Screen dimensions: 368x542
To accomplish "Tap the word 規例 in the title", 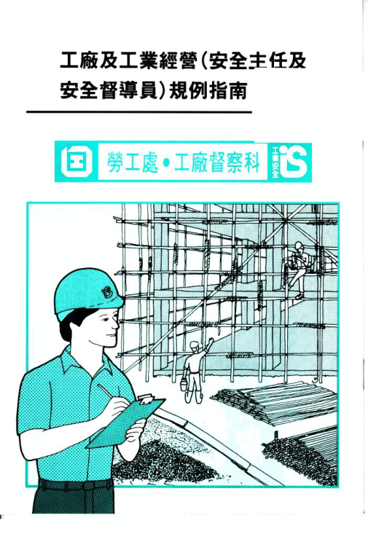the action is click(x=187, y=90).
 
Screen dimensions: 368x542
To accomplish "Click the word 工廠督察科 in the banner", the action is click(x=217, y=162).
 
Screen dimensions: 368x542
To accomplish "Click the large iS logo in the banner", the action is click(x=293, y=161).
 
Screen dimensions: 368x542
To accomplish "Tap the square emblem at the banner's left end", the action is click(x=76, y=162).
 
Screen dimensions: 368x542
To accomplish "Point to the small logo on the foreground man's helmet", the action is click(x=108, y=292).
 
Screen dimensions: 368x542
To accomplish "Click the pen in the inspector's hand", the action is click(x=109, y=392).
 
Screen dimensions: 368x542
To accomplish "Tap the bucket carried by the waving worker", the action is click(x=184, y=384).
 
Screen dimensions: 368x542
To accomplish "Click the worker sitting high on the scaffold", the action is click(x=297, y=269).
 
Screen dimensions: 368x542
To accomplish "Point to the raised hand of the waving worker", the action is click(x=211, y=342).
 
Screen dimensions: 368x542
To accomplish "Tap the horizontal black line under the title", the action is click(x=139, y=112).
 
